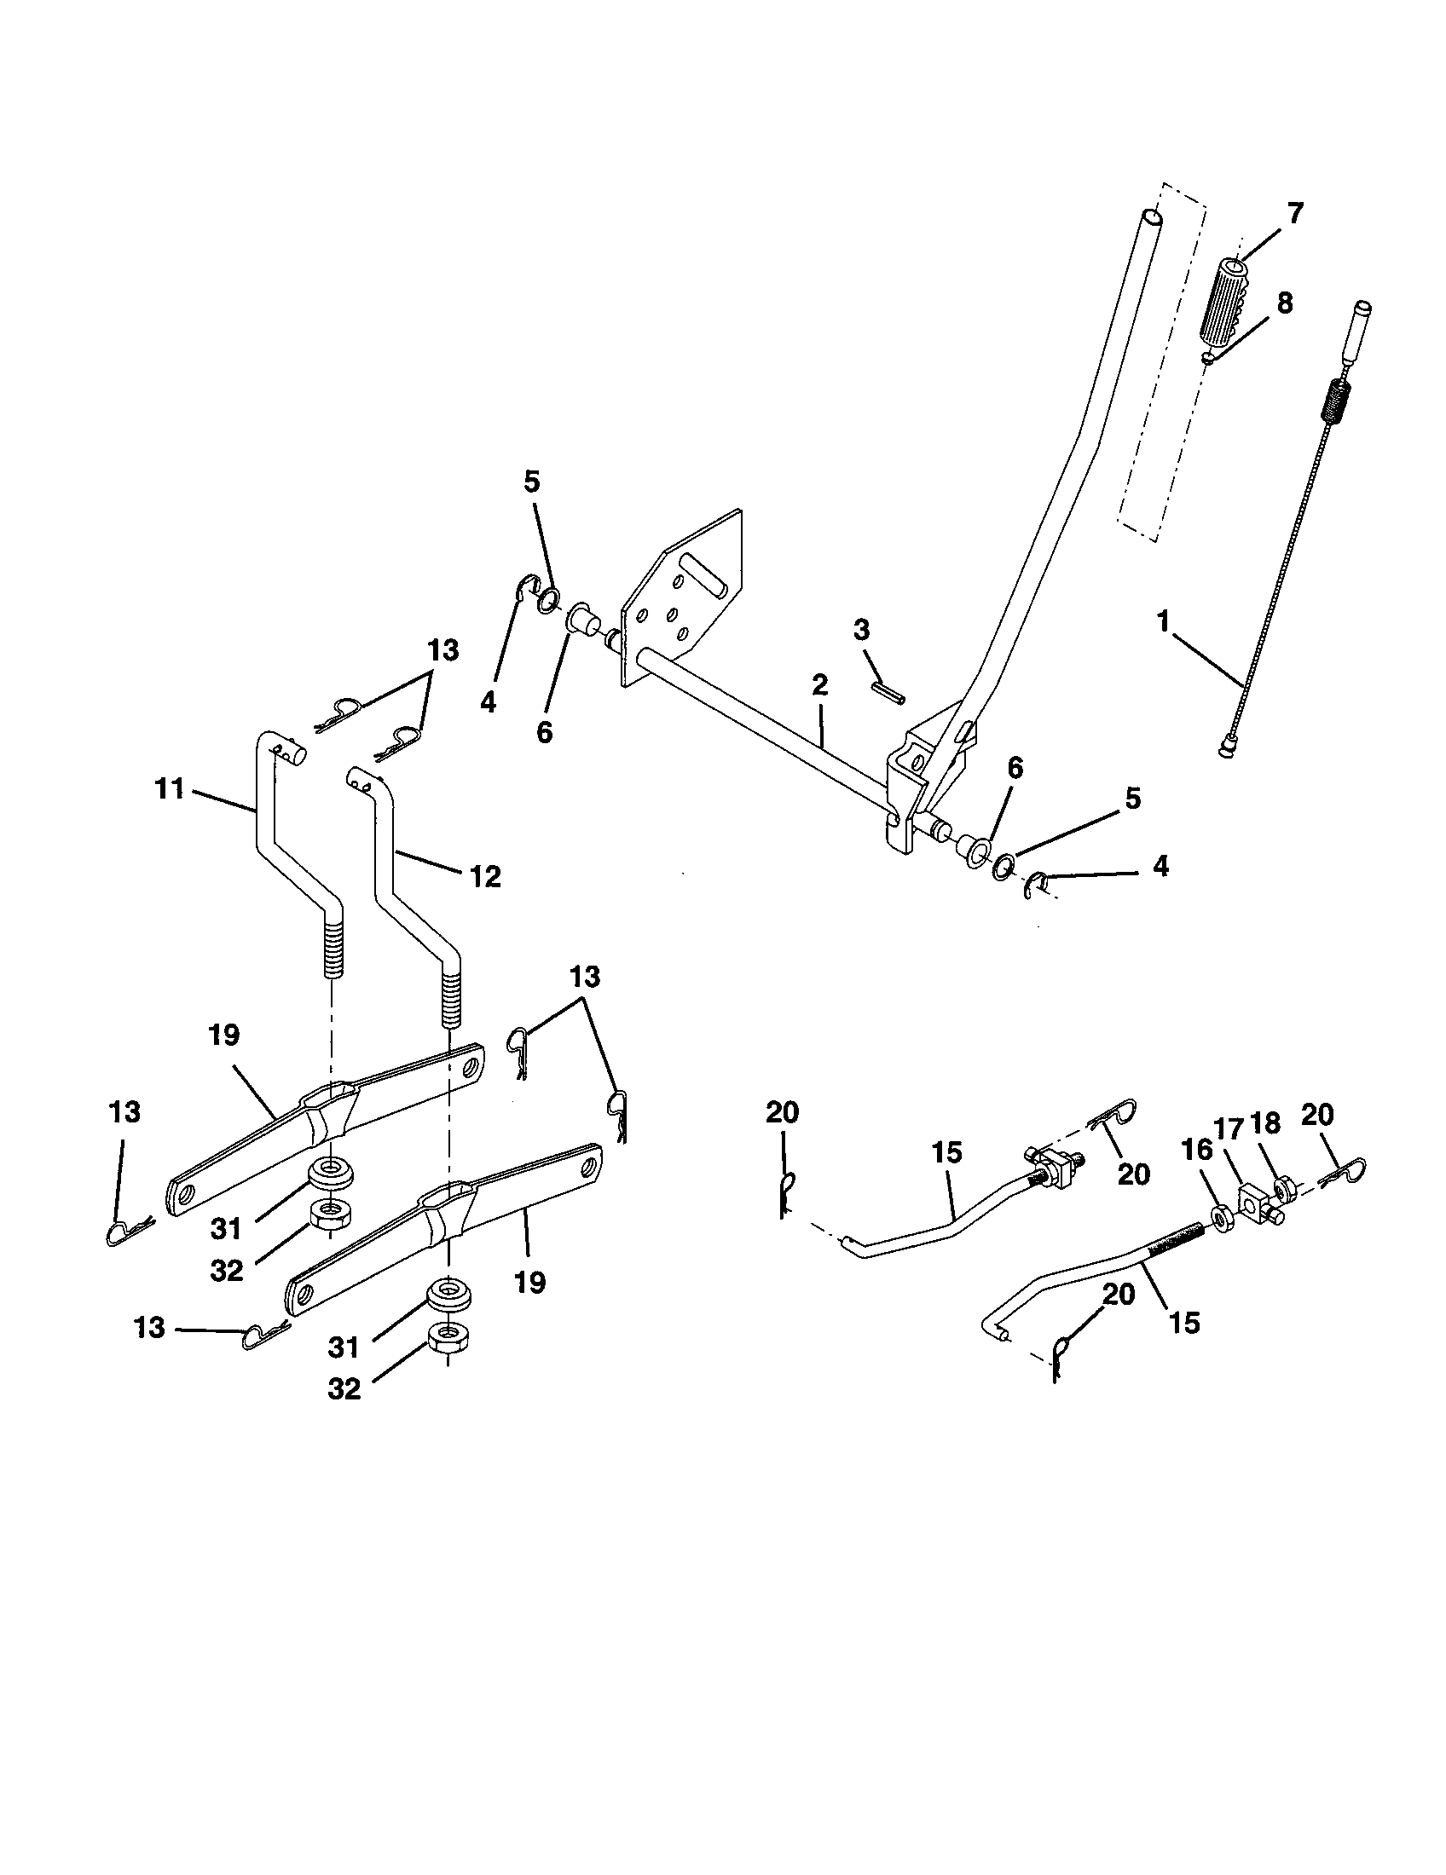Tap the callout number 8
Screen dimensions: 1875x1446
(x=1285, y=303)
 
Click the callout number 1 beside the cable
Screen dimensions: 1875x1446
(x=1164, y=621)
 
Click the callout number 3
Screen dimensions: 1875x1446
(x=861, y=629)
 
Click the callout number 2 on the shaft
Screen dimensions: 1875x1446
(x=819, y=684)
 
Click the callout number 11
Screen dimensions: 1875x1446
(x=170, y=788)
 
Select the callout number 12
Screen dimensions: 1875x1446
(x=485, y=876)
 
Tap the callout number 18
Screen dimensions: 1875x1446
(x=1267, y=1122)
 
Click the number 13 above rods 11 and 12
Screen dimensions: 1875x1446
(x=443, y=650)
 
